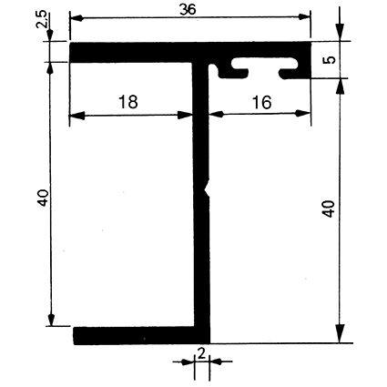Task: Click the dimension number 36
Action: click(x=188, y=10)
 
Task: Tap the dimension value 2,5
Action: click(x=41, y=20)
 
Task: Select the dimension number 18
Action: click(x=128, y=102)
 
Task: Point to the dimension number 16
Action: click(x=261, y=102)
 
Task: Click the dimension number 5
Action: click(x=330, y=60)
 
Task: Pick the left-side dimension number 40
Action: click(x=43, y=198)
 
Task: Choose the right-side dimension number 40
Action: click(x=329, y=209)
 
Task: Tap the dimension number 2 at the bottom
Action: click(x=201, y=354)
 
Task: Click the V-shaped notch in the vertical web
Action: click(x=207, y=189)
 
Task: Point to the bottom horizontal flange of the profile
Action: click(x=141, y=336)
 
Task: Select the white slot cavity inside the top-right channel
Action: click(x=263, y=63)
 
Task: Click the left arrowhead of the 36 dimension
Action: click(x=76, y=18)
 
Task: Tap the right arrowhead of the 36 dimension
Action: click(x=304, y=17)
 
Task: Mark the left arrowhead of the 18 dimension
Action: click(x=77, y=116)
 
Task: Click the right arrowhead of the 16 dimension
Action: click(x=303, y=114)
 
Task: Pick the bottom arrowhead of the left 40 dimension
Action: click(x=51, y=320)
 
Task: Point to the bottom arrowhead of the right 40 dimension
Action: click(x=341, y=334)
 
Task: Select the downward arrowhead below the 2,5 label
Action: click(x=50, y=36)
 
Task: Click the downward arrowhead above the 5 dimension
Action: click(x=340, y=32)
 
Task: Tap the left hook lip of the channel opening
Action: click(x=234, y=73)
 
